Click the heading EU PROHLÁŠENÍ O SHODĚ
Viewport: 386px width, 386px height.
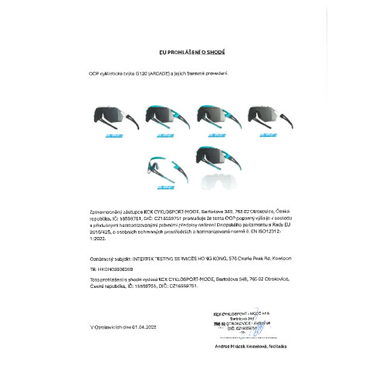192,52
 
